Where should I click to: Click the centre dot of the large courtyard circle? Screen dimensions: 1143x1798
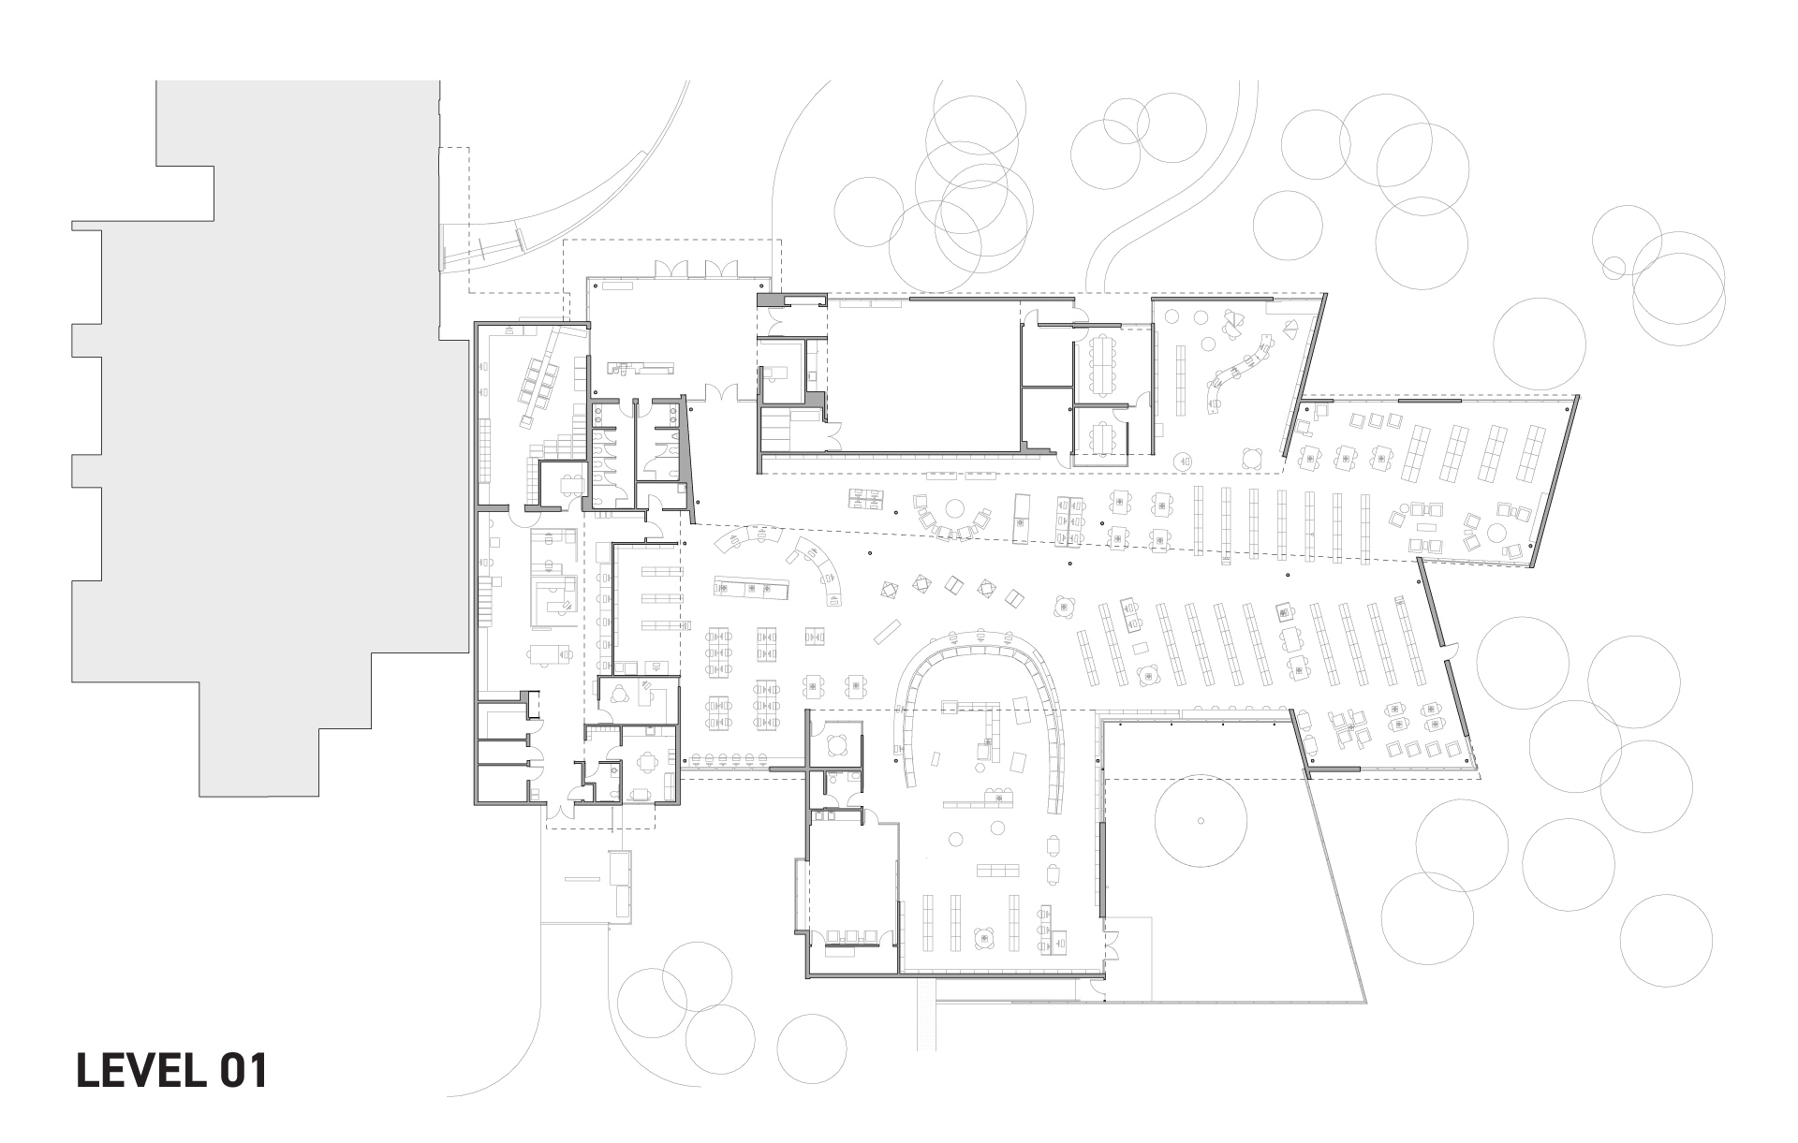pos(1200,821)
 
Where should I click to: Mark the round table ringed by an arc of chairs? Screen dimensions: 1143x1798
pos(954,510)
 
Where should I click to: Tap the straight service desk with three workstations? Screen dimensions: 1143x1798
pos(748,588)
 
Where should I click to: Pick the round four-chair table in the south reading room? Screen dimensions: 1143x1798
pos(984,938)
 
